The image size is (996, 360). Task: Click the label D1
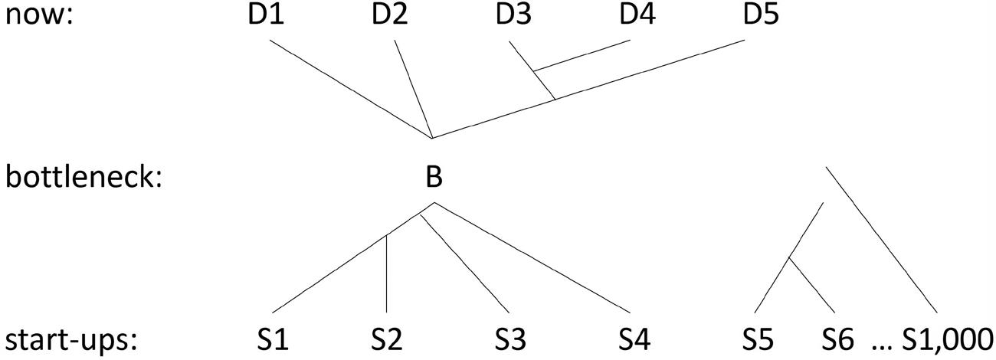(x=267, y=15)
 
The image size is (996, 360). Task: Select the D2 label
(x=390, y=15)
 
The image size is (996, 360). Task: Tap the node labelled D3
(x=513, y=15)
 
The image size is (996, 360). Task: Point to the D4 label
(x=637, y=15)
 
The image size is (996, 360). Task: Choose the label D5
(x=762, y=15)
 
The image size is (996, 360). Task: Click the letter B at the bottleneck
(x=434, y=177)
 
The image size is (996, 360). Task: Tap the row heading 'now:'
(x=38, y=15)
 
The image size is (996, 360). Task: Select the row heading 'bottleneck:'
(x=84, y=177)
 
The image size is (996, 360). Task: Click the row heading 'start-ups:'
(x=74, y=338)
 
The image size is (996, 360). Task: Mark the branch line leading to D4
(x=582, y=55)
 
